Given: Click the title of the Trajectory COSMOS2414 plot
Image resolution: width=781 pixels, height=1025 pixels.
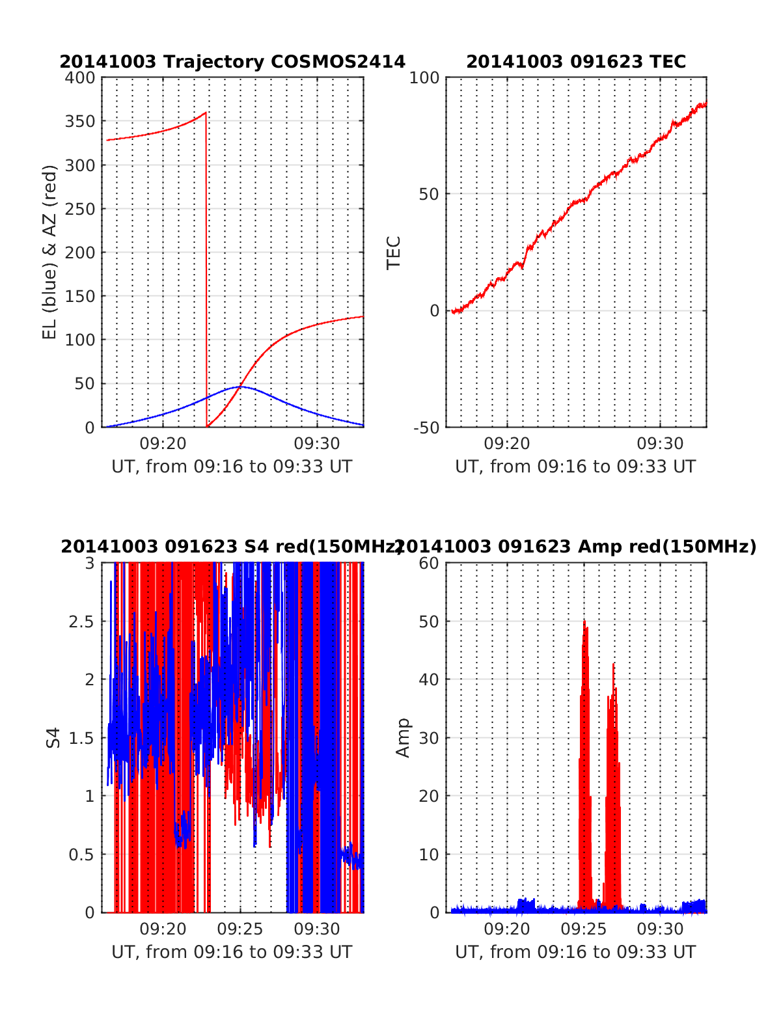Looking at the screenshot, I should (232, 62).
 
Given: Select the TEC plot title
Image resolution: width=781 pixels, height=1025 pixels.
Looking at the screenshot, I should (576, 62).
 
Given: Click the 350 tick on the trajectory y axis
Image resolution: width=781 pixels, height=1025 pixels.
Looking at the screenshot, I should (79, 122).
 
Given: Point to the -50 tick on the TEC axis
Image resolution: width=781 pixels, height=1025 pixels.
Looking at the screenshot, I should (426, 428).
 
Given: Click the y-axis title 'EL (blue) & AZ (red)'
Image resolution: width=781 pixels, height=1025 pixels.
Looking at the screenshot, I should (50, 252).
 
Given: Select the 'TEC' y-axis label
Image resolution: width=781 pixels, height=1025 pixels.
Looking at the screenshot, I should (394, 253).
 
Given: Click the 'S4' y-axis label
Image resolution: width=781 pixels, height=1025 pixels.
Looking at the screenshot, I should (53, 737).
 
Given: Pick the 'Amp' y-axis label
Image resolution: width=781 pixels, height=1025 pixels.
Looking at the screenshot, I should (404, 737).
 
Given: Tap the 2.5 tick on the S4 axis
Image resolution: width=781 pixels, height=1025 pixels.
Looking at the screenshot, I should (82, 622).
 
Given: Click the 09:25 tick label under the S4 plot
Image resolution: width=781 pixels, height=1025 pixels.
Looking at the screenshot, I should (240, 929).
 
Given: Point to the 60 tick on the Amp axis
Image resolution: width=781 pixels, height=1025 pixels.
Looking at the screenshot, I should (429, 564).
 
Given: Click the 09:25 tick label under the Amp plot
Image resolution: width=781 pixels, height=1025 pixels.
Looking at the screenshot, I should (583, 929).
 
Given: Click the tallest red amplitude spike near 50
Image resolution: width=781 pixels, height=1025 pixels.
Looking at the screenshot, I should (584, 622).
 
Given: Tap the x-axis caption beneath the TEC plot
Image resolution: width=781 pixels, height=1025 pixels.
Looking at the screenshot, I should (575, 467).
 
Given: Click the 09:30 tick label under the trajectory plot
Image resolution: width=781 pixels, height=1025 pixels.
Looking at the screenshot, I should (317, 444).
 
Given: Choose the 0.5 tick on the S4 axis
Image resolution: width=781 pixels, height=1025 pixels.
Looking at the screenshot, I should (82, 854).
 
